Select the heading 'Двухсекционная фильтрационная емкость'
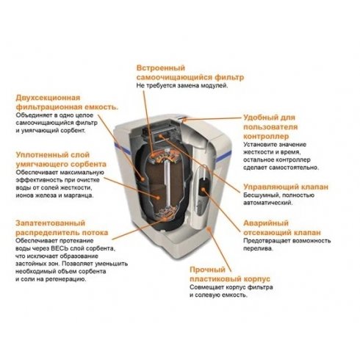pyautogui.click(x=66, y=102)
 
